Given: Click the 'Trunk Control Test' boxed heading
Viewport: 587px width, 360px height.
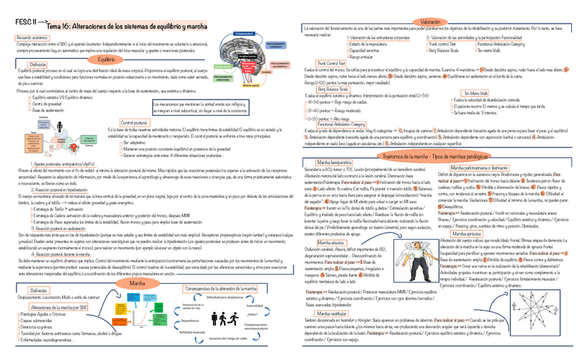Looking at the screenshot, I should (331, 62).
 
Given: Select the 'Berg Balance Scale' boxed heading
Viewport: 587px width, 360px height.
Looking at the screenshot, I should (332, 89).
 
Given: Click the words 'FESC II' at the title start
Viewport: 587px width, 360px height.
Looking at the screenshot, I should (27, 22).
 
